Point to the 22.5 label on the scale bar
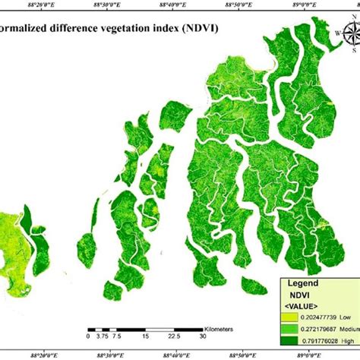(173, 335)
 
